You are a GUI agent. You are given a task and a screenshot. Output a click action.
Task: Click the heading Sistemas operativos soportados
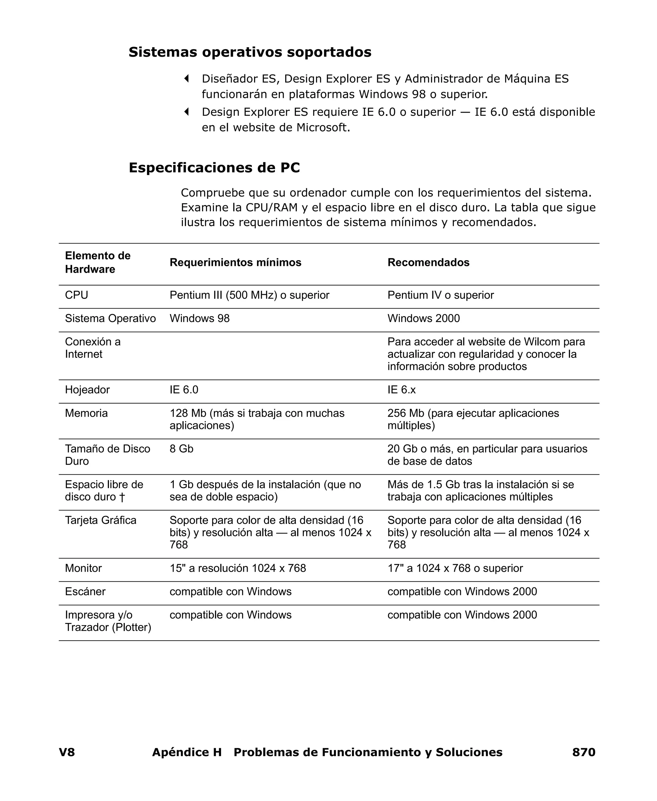coord(250,52)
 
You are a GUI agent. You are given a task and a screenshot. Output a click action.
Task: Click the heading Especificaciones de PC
coord(214,168)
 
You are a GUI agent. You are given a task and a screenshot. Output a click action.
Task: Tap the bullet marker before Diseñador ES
coord(186,79)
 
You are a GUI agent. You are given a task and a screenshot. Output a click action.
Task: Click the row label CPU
coord(76,295)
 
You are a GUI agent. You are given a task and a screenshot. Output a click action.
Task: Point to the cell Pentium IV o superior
coord(440,295)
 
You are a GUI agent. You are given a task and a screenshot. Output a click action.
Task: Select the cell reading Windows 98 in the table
coord(200,319)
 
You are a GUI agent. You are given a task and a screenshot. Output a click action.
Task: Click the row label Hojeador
coord(87,390)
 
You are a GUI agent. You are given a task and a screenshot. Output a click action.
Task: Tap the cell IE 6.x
coord(401,390)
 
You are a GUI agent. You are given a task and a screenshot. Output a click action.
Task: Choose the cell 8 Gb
coord(181,449)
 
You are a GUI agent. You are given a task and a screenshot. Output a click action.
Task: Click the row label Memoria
coord(86,413)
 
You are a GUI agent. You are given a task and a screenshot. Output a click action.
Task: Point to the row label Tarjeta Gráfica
coord(100,520)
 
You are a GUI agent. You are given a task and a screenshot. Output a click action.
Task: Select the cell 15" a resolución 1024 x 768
coord(238,568)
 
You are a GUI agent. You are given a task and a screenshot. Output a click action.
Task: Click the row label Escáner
coord(85,592)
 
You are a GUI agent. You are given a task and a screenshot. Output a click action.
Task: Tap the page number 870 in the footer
coord(584,752)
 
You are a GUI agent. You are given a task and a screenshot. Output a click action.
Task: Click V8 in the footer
coord(67,752)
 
